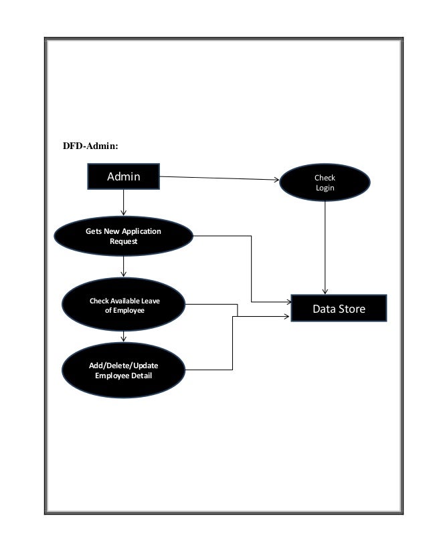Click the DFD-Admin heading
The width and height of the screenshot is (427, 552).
[x=90, y=145]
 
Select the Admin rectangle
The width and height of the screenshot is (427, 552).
[x=124, y=176]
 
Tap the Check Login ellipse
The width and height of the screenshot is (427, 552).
[x=325, y=183]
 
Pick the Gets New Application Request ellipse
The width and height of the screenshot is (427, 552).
[x=124, y=237]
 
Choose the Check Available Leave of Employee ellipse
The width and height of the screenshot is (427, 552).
[x=124, y=306]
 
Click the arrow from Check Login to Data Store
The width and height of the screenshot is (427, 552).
[x=325, y=247]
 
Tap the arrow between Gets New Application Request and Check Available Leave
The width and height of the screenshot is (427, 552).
[x=124, y=268]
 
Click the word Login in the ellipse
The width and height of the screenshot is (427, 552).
[x=325, y=188]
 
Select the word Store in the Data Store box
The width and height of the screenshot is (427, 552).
[x=353, y=309]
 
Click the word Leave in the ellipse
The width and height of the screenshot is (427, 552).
[x=149, y=301]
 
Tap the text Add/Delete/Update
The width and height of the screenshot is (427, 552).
[x=124, y=366]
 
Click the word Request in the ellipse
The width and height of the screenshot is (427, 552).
[x=124, y=241]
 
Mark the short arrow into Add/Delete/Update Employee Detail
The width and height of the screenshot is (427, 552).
[x=124, y=337]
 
